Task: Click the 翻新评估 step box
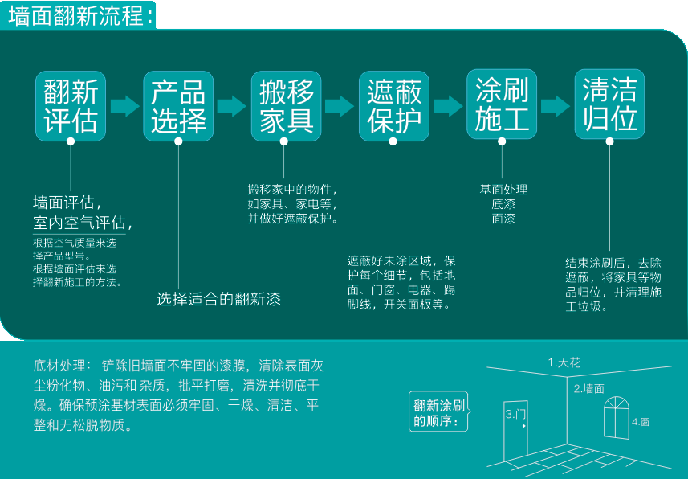[x=71, y=106]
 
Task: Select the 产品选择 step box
[x=178, y=106]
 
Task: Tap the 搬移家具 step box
[x=286, y=106]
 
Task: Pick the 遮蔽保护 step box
[x=393, y=106]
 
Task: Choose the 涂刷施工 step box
[x=502, y=106]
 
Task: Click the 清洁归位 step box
[x=609, y=106]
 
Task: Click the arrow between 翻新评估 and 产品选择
[x=124, y=106]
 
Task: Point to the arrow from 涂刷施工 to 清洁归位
[x=556, y=106]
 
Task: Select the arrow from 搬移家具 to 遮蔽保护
[x=340, y=106]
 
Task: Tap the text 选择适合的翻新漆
[x=218, y=300]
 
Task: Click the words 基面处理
[x=503, y=190]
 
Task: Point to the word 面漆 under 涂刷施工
[x=503, y=218]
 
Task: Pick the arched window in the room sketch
[x=616, y=417]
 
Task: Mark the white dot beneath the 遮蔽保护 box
[x=393, y=141]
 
